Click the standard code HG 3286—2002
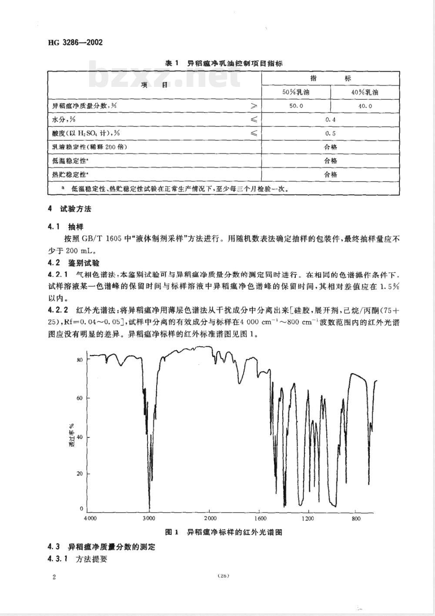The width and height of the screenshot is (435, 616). point(75,43)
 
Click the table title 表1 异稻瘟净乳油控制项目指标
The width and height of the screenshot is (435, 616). point(224,63)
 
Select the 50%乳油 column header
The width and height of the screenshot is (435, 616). point(296,93)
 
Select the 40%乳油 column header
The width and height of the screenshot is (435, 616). point(365,93)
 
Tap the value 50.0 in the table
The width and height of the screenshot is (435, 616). point(296,106)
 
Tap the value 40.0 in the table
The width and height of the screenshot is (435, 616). point(365,106)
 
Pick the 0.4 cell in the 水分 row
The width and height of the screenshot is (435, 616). point(331,120)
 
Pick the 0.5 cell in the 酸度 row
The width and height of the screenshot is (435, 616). point(331,134)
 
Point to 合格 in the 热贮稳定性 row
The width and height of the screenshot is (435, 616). point(331,175)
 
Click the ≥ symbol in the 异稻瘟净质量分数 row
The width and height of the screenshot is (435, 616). point(253,106)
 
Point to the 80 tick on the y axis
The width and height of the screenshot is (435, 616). point(80,360)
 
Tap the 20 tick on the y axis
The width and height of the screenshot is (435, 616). point(80,474)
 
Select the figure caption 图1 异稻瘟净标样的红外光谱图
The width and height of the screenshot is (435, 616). point(224,532)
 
